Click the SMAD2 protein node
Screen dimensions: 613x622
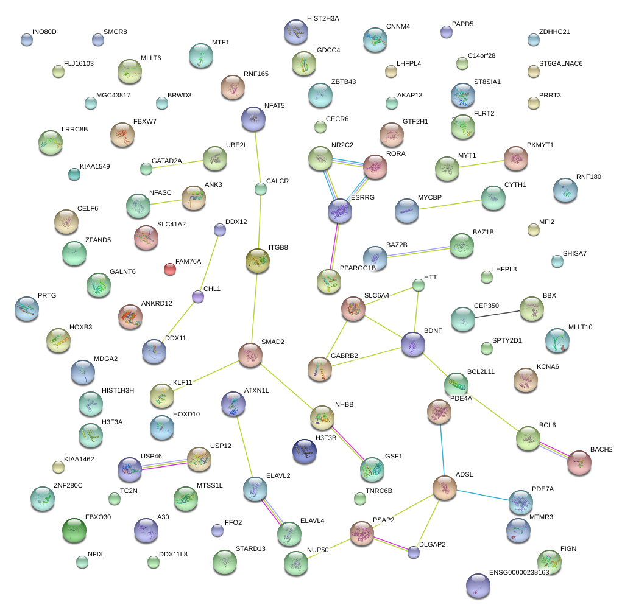[x=250, y=355]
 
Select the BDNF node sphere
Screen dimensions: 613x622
[x=413, y=345]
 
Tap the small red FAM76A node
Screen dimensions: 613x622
[x=170, y=268]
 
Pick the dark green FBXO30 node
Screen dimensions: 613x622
[x=74, y=530]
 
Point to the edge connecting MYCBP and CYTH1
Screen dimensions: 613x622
[x=450, y=203]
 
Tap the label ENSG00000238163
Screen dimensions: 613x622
[x=519, y=573]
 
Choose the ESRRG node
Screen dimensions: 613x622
[x=339, y=211]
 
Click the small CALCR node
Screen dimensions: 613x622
[x=260, y=189]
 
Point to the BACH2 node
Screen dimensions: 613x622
[x=579, y=463]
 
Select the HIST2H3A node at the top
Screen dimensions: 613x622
[x=296, y=32]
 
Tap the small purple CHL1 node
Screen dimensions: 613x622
[x=198, y=297]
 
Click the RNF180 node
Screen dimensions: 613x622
[x=565, y=191]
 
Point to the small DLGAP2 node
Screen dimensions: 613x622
[x=414, y=552]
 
